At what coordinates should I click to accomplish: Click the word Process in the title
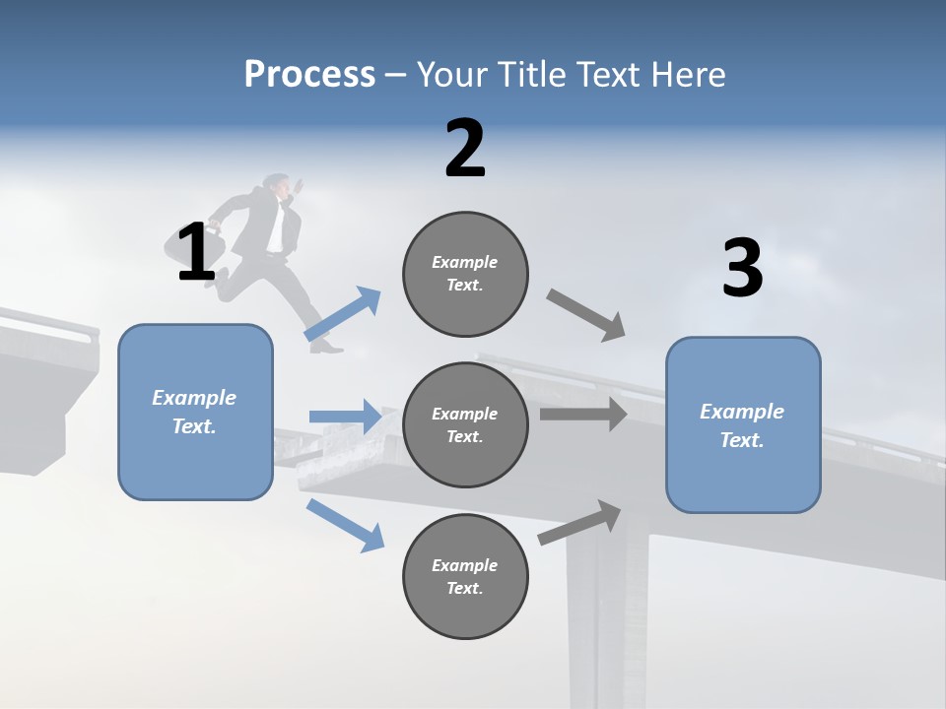coord(309,75)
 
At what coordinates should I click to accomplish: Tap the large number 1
coord(196,253)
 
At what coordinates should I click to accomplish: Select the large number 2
coord(465,149)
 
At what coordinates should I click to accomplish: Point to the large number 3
coord(742,269)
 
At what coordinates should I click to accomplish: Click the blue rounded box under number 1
coord(195,412)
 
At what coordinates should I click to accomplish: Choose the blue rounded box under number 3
coord(743,424)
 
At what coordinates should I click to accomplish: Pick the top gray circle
coord(465,274)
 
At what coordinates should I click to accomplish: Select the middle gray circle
coord(465,424)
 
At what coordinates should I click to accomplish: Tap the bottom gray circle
coord(465,576)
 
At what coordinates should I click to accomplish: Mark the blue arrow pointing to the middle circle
coord(345,417)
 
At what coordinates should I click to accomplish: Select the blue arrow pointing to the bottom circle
coord(345,525)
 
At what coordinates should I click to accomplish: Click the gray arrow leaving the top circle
coord(586,314)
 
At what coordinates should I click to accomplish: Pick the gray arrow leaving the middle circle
coord(583,415)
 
